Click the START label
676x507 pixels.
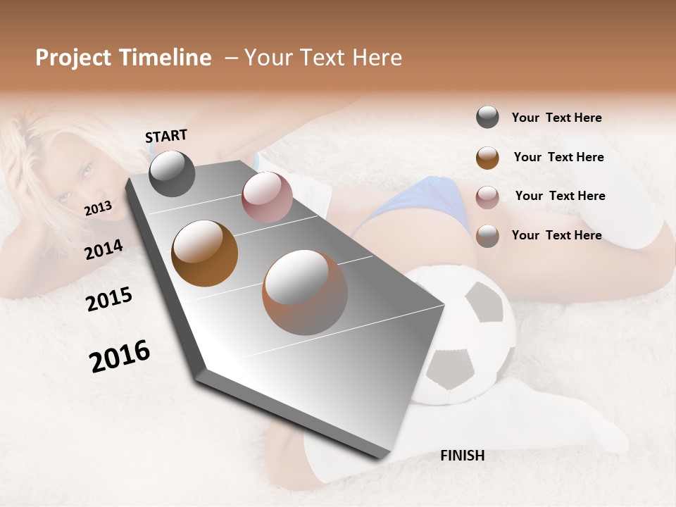(x=166, y=136)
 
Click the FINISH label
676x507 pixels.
(x=462, y=456)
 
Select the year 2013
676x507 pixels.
(x=98, y=208)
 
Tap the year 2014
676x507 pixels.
(x=104, y=249)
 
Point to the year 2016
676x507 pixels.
(x=120, y=356)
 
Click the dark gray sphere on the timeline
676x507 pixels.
(x=172, y=173)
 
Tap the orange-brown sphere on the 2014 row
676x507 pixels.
(x=205, y=254)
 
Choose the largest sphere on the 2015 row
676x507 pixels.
(x=305, y=292)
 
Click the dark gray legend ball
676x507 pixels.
(x=487, y=118)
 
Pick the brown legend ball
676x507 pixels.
(x=487, y=157)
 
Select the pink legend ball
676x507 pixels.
(x=487, y=196)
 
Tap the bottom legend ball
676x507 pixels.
(x=487, y=235)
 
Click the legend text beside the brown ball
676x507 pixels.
(x=558, y=157)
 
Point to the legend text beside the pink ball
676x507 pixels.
(x=560, y=196)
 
